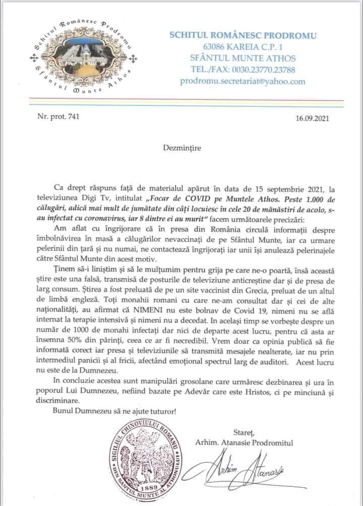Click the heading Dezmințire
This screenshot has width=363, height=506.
pyautogui.click(x=182, y=149)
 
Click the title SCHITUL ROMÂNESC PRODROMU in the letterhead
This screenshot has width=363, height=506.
pyautogui.click(x=243, y=35)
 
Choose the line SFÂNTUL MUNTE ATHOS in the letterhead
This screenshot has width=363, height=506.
pyautogui.click(x=243, y=58)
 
